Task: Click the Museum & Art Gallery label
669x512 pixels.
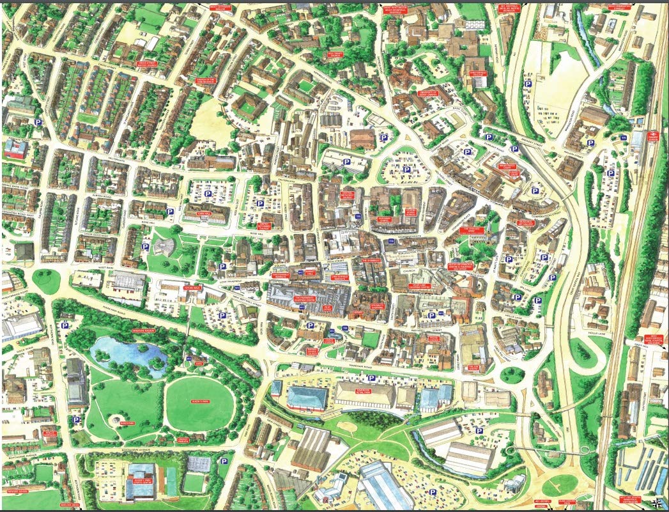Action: (x=525, y=224)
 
